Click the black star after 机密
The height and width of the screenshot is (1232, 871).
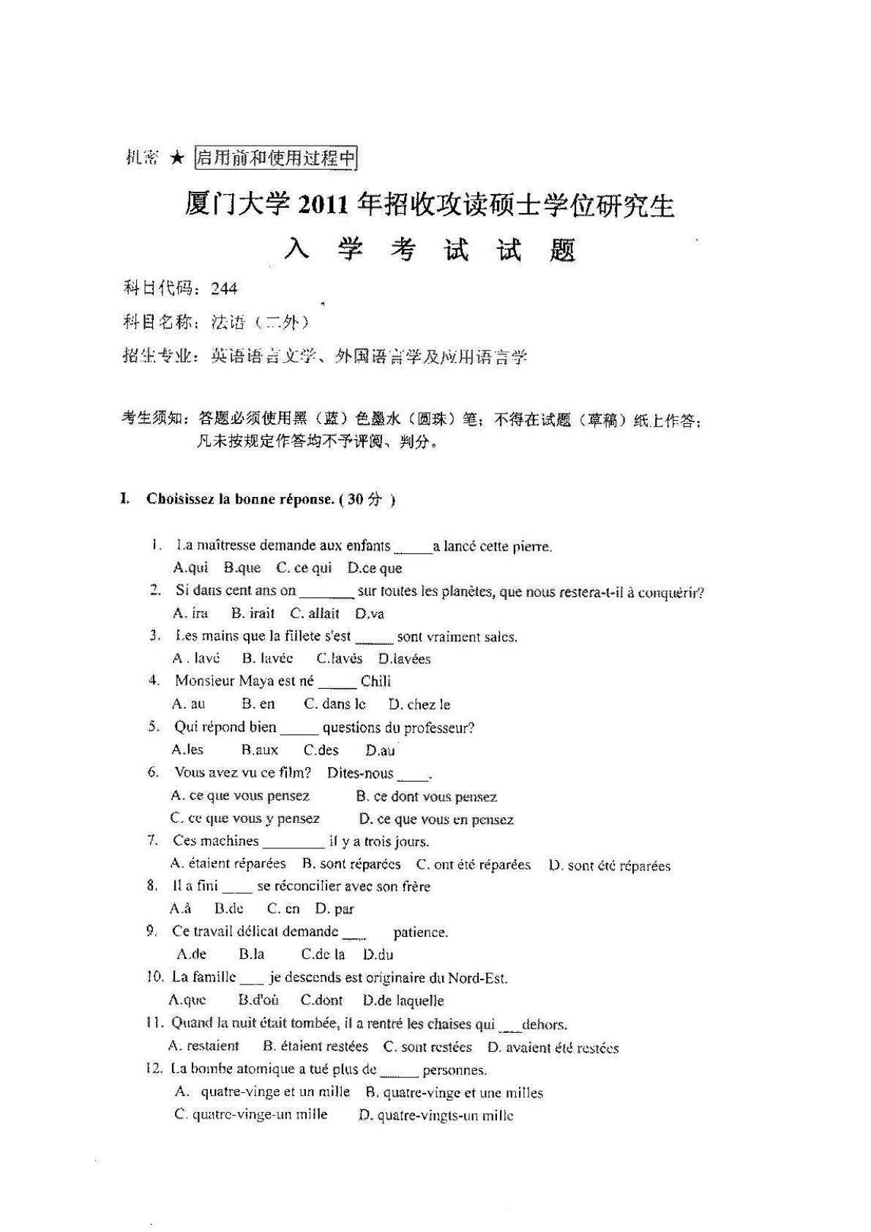[176, 158]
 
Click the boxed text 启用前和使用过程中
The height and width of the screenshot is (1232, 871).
[276, 158]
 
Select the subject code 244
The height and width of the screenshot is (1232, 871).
[224, 288]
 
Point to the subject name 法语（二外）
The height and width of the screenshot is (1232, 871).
[260, 322]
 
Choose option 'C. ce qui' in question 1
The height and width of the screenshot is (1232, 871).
[304, 568]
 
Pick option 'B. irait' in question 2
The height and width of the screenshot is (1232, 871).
[253, 613]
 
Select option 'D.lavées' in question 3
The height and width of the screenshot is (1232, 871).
[405, 659]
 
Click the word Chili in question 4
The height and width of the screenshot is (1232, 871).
[375, 682]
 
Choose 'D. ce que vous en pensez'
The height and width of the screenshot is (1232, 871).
[436, 819]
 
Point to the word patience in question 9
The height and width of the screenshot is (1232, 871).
[420, 932]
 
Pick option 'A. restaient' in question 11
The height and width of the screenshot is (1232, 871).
[203, 1046]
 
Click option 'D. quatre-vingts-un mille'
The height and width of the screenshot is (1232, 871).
[436, 1116]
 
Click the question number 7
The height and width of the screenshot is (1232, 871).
[154, 840]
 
